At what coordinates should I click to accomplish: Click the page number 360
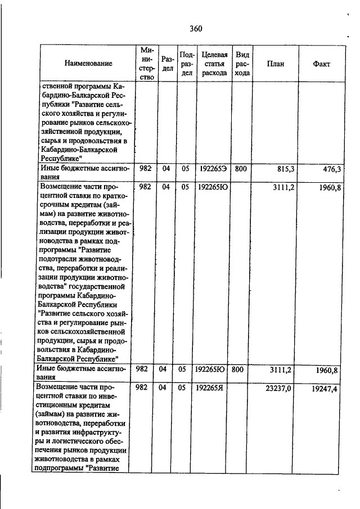[195, 29]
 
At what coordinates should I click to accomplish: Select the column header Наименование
[88, 64]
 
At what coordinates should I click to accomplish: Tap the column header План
[276, 64]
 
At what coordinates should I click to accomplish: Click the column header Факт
[321, 64]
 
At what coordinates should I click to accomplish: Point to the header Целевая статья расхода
[214, 64]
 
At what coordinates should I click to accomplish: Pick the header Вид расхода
[242, 64]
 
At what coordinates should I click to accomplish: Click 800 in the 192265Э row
[241, 169]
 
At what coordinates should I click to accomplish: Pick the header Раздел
[167, 64]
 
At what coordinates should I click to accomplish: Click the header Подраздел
[187, 64]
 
